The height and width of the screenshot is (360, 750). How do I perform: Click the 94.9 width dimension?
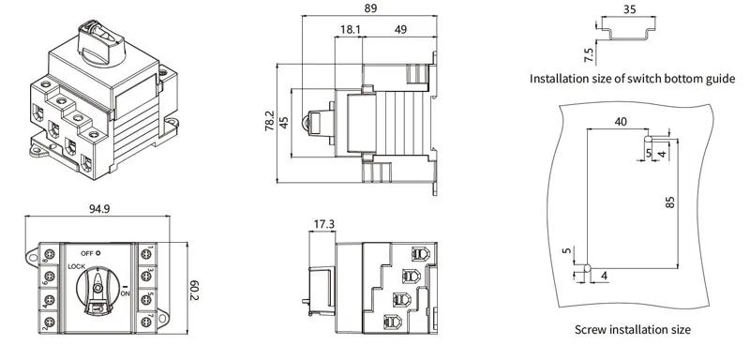point(102,208)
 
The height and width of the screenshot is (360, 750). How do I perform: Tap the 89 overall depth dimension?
point(370,7)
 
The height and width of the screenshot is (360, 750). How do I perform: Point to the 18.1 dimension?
point(350,30)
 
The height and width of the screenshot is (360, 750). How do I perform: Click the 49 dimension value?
point(400,30)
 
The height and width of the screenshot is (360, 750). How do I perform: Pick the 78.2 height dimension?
point(270,121)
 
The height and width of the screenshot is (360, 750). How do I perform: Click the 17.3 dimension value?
point(323,225)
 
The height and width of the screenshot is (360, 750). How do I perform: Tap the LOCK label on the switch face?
point(77,267)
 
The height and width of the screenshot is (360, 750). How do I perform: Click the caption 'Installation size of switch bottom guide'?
point(632,78)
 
